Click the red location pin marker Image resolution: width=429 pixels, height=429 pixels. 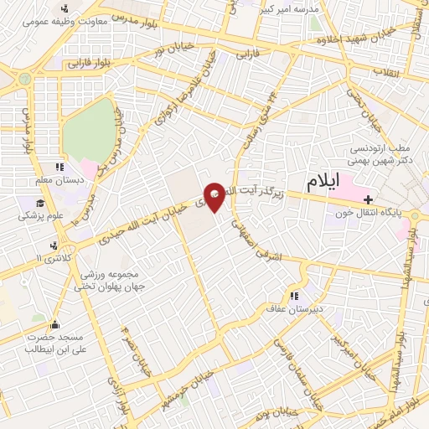pos(214,199)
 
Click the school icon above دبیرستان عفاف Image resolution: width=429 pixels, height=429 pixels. pos(294,295)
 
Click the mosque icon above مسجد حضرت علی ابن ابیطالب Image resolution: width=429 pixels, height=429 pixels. pos(55,325)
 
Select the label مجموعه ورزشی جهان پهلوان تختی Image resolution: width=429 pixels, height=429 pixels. pos(114,280)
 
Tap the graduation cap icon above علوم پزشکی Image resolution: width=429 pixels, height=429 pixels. pos(39,202)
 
